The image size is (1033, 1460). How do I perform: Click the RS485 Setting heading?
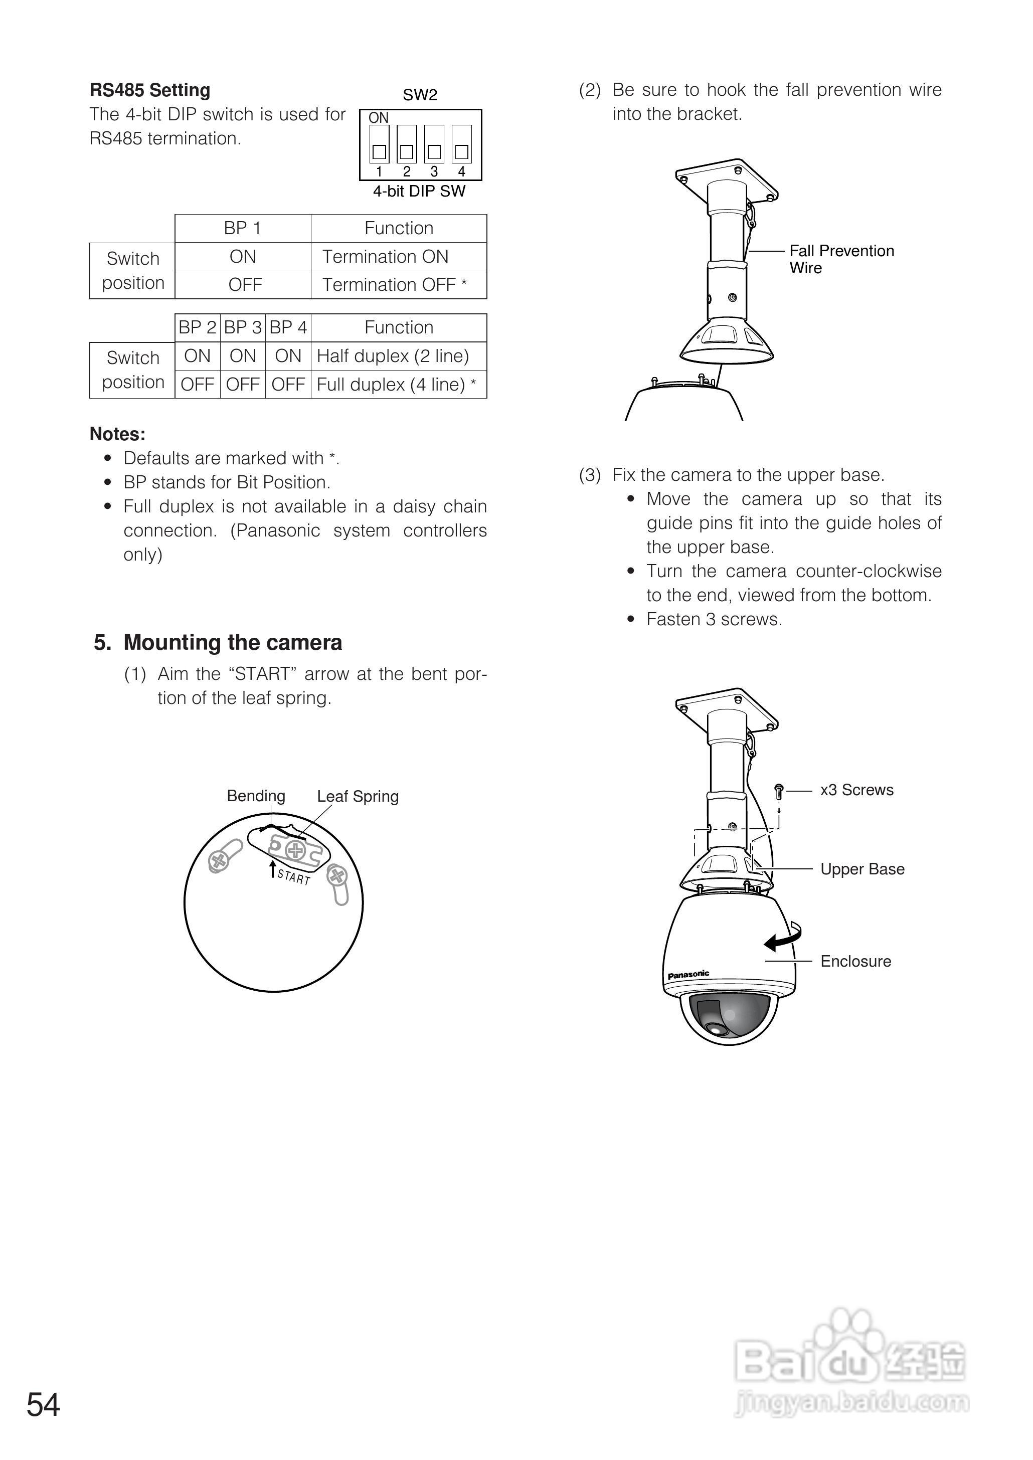149,90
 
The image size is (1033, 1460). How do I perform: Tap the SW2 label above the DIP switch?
420,95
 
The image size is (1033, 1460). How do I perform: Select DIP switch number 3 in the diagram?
434,144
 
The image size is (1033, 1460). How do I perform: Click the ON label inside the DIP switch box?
379,118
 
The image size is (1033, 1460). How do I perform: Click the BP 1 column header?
242,228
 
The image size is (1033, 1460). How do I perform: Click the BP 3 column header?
242,327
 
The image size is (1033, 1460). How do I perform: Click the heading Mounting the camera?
232,643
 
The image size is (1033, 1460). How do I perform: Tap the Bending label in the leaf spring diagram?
256,796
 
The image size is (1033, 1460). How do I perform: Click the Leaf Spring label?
358,797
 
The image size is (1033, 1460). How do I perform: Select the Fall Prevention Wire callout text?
841,259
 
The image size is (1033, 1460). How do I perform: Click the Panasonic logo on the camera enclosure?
688,974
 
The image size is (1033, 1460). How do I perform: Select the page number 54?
43,1405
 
